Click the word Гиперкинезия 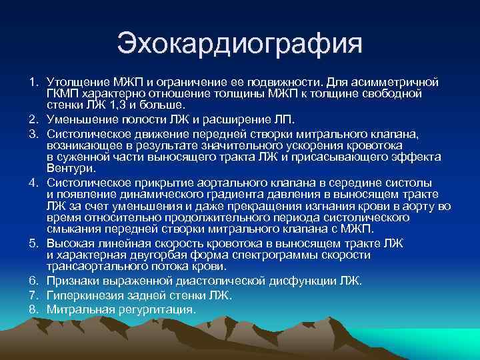point(81,295)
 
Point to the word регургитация point(157,309)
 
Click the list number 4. point(33,182)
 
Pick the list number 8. point(33,309)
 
